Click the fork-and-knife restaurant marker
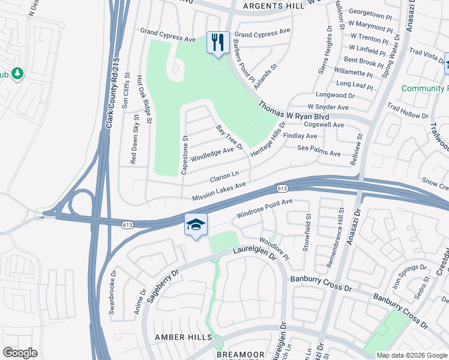click(217, 42)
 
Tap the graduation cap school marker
click(196, 225)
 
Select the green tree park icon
click(17, 73)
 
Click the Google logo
click(20, 353)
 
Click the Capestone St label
click(185, 155)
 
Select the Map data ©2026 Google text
click(412, 355)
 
